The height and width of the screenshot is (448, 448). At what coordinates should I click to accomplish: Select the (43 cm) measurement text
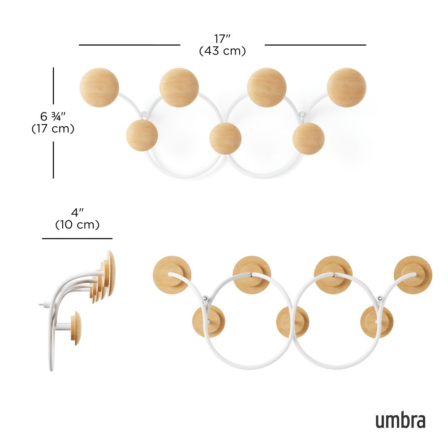point(222,51)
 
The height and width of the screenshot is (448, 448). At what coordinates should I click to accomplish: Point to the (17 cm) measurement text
point(53,129)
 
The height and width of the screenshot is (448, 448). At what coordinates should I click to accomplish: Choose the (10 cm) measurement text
point(77,224)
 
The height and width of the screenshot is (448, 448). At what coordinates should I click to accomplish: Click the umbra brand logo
point(400,421)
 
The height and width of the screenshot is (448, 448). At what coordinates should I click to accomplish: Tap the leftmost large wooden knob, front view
point(99,87)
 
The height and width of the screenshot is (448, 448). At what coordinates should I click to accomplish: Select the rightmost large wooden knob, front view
point(346,87)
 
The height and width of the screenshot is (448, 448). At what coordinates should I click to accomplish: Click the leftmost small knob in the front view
point(142,135)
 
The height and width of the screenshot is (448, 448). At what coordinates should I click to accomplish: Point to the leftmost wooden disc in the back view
point(172,275)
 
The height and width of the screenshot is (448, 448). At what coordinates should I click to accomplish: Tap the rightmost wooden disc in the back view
point(413,275)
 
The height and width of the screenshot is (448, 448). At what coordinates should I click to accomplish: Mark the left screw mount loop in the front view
point(144,113)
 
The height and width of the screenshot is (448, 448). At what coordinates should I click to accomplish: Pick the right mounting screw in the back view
point(380,298)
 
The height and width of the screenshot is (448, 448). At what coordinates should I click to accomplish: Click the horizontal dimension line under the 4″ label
point(77,238)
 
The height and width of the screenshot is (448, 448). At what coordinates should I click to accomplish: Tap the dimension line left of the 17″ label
point(129,45)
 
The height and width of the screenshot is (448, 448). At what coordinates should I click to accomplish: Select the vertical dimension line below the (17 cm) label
point(53,159)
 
